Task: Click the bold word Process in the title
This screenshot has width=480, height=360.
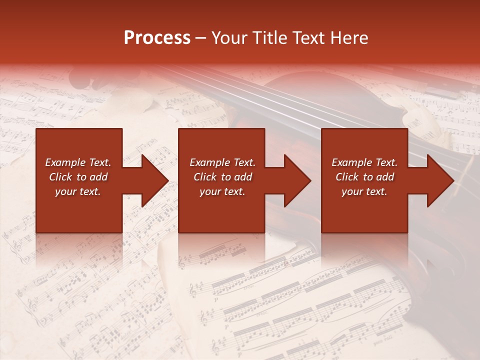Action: pyautogui.click(x=157, y=38)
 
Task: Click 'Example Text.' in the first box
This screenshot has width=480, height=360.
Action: pyautogui.click(x=78, y=162)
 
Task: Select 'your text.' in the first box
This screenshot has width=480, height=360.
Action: pyautogui.click(x=78, y=191)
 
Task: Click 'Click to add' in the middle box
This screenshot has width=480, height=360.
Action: pyautogui.click(x=222, y=177)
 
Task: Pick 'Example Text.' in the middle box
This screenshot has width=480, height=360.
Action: pyautogui.click(x=222, y=162)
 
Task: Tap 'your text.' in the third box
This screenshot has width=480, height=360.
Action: pyautogui.click(x=364, y=191)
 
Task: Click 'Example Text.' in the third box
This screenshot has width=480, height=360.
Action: pyautogui.click(x=364, y=162)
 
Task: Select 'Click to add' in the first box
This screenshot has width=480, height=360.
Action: pyautogui.click(x=78, y=177)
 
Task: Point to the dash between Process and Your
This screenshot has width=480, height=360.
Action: pyautogui.click(x=201, y=38)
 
